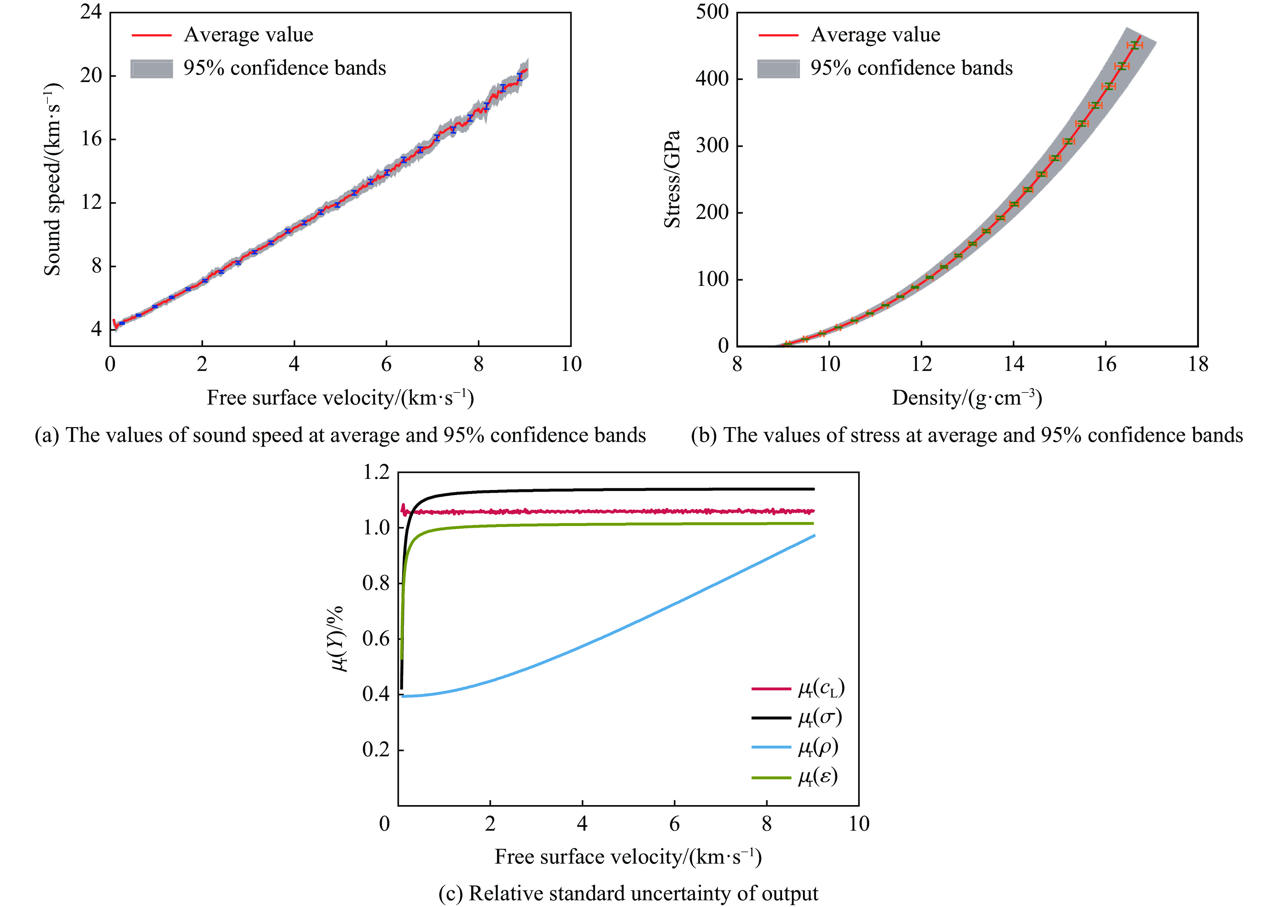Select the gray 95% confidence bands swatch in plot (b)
coord(778,69)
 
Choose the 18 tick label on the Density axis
coord(1198,365)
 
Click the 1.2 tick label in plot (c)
coord(376,473)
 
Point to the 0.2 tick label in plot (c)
coord(376,750)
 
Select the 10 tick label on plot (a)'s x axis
coord(570,365)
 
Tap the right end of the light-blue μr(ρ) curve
coord(814,536)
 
